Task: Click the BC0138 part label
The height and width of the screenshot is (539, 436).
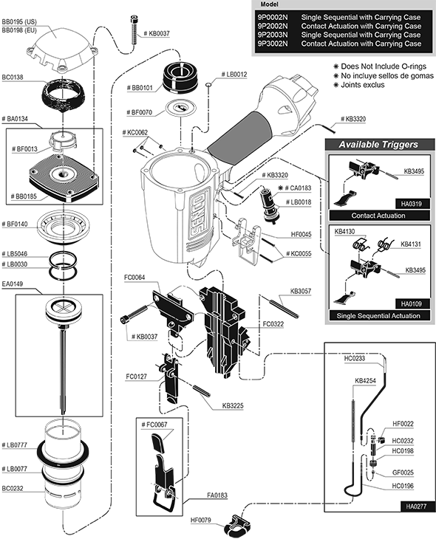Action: click(x=13, y=78)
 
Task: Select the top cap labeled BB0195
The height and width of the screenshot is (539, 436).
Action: click(x=61, y=48)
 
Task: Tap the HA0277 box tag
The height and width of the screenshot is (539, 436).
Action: click(x=416, y=506)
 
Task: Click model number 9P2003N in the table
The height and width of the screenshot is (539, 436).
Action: click(x=273, y=35)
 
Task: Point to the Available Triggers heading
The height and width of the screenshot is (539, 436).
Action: click(x=378, y=145)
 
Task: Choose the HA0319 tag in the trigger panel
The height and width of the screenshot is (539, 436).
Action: click(x=411, y=204)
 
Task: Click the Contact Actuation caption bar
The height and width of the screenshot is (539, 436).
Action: click(x=378, y=216)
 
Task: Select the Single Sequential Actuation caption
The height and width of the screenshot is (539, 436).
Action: click(x=378, y=315)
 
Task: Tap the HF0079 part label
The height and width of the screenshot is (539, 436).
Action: click(x=200, y=520)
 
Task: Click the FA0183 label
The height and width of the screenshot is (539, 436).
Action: click(x=217, y=495)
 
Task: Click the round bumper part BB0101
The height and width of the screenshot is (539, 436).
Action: click(x=181, y=78)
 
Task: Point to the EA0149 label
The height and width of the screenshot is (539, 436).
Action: click(x=13, y=284)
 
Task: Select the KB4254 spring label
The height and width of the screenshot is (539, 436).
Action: click(x=365, y=381)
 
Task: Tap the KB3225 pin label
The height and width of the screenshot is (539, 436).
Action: click(x=233, y=405)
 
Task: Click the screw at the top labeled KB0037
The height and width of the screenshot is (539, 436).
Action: click(x=134, y=30)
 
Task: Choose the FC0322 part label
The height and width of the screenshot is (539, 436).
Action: click(x=273, y=324)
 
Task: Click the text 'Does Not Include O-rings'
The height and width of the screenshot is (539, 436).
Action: click(x=384, y=66)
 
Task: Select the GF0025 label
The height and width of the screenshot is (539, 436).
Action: click(x=403, y=473)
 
